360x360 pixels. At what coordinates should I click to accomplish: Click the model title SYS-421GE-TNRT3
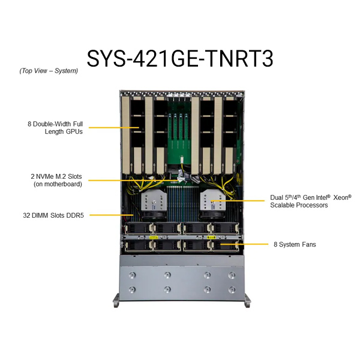coord(180,59)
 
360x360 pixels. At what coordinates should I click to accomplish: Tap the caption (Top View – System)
coord(49,71)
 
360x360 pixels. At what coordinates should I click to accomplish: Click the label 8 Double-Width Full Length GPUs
coord(55,128)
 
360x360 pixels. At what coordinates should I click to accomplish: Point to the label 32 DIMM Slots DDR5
coord(53,215)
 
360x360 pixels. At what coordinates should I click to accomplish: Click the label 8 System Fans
coord(295,244)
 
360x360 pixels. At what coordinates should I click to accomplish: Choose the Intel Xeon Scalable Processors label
coord(311,201)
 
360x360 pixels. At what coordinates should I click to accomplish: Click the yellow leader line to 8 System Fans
coord(245,244)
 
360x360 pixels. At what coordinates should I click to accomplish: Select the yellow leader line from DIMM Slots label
coord(112,215)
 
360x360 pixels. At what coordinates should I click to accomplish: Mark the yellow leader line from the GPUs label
coord(114,127)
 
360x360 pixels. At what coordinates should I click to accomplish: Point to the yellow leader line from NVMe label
coord(134,181)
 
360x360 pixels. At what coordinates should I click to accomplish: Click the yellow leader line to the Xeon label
coord(238,200)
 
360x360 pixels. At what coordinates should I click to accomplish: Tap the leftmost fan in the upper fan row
coord(138,228)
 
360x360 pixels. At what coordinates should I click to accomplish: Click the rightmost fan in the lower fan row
coord(224,245)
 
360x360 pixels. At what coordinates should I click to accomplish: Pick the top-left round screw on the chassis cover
coord(132,275)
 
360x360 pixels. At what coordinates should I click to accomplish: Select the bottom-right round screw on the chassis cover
coord(232,290)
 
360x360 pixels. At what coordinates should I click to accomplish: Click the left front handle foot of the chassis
coord(116,301)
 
